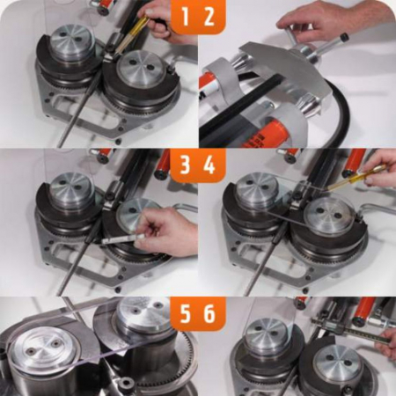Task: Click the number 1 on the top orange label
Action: [x=185, y=17]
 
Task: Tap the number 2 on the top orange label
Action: [x=209, y=17]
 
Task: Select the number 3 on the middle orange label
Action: [x=185, y=165]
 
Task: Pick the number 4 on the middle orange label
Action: [x=209, y=165]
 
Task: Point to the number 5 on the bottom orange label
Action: [x=185, y=313]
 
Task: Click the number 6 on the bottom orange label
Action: [x=209, y=313]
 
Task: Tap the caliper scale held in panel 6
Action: [x=350, y=330]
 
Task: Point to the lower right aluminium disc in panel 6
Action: [x=337, y=363]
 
